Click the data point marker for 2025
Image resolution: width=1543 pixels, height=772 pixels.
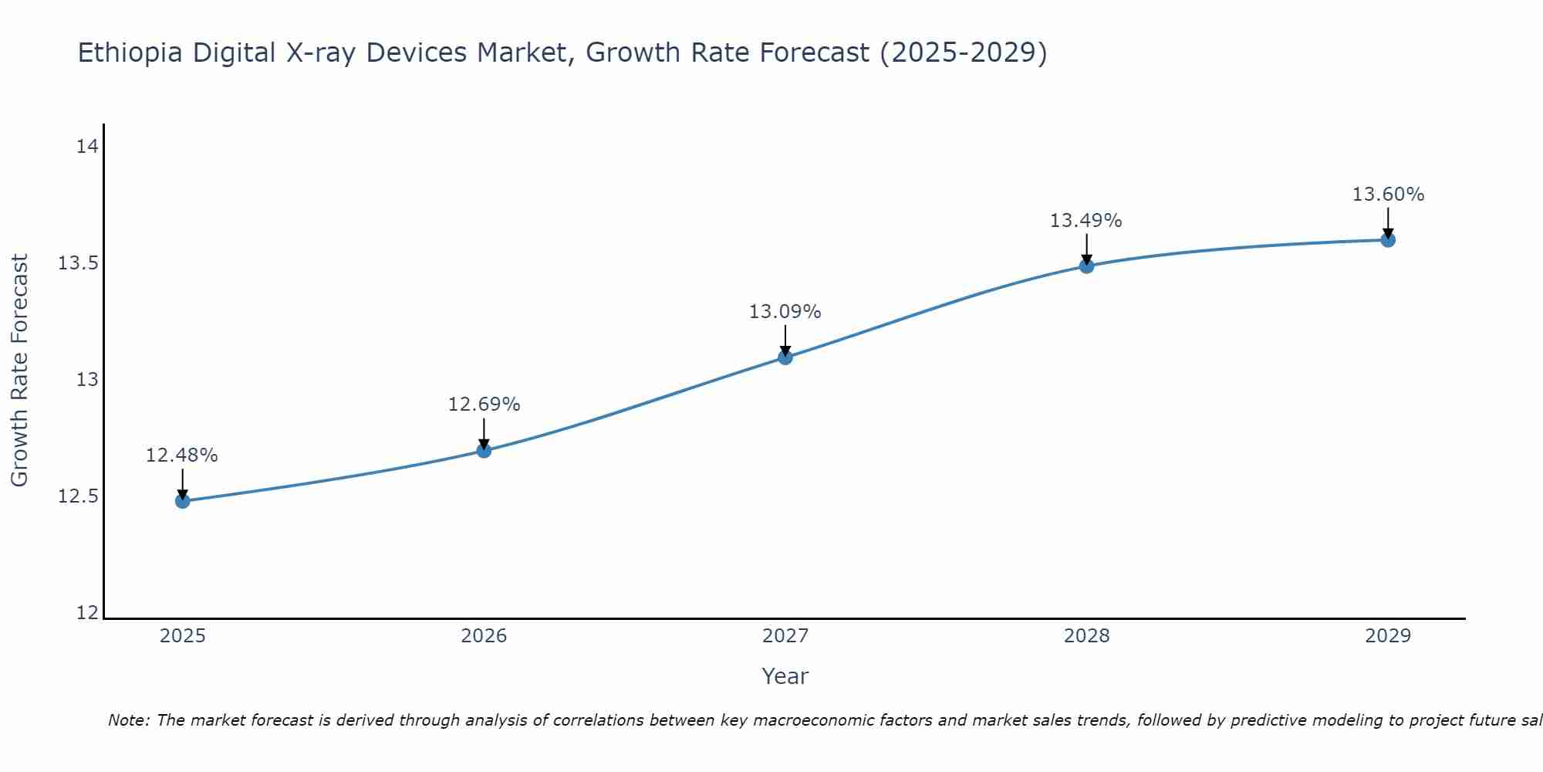182,501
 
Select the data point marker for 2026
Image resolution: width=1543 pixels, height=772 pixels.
484,450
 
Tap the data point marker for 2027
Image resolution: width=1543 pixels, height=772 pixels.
785,357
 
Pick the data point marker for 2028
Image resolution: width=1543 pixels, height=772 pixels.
1086,266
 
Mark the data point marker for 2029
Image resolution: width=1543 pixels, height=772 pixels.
1388,240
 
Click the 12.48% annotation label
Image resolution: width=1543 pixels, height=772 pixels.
182,455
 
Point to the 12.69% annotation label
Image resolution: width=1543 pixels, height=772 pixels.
484,405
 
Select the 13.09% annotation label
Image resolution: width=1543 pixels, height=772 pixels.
785,312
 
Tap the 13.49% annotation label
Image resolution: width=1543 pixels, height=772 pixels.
1086,221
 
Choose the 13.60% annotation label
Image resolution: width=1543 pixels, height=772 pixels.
1388,195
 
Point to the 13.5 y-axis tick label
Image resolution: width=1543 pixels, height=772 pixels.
79,263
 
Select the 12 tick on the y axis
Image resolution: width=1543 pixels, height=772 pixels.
88,613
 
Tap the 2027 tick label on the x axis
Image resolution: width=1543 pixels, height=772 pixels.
785,636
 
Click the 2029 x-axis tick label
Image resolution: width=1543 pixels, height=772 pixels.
1388,636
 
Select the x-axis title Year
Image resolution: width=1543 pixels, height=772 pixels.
785,676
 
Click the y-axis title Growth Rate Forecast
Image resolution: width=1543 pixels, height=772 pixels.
20,371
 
